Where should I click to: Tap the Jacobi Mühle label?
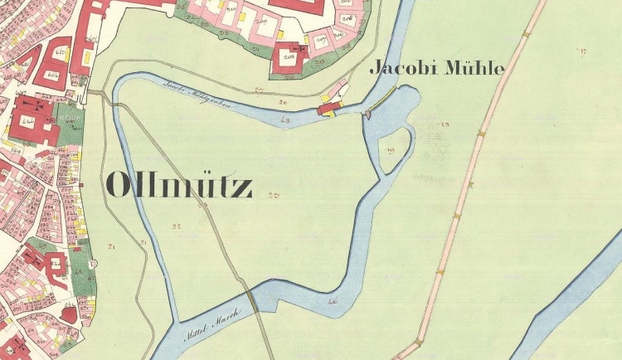pos(436,69)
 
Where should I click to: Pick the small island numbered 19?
pos(391,149)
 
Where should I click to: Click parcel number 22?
pos(176,226)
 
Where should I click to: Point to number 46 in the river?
pos(333,302)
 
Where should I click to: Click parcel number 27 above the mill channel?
pos(259,89)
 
